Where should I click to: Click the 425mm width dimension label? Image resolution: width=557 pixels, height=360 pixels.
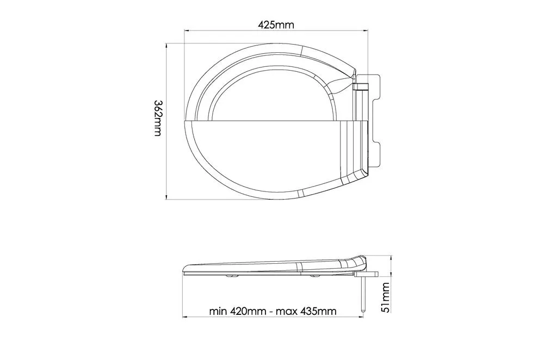pos(276,25)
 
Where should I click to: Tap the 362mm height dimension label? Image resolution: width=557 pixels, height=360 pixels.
pos(158,118)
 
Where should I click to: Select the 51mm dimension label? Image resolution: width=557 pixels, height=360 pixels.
pos(385,297)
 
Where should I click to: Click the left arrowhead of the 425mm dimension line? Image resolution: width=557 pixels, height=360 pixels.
pos(186,31)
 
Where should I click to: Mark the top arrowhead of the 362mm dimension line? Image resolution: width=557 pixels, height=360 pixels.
pos(166,46)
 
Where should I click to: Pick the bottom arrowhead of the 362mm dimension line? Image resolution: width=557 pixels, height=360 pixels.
pos(166,197)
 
